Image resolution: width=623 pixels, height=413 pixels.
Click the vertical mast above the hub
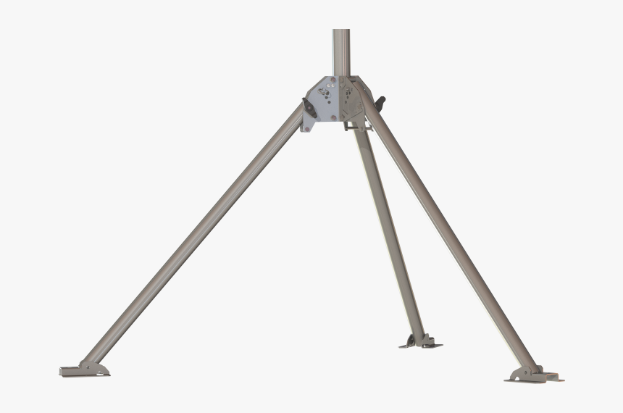click(x=341, y=51)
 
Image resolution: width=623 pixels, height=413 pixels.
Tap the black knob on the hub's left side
click(x=307, y=107)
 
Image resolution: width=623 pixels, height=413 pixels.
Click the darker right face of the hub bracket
click(x=355, y=101)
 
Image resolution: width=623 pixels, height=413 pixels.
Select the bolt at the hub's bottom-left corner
click(x=308, y=129)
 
